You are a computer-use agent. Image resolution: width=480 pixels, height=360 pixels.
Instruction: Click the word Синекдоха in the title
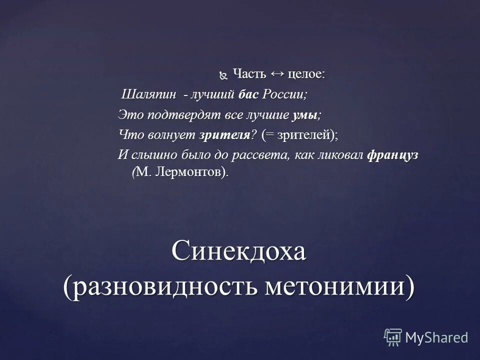click(x=238, y=252)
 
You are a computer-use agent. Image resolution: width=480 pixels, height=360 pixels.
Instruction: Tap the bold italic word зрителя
click(x=224, y=135)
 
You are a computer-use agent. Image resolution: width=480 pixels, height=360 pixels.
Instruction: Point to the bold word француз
click(x=392, y=155)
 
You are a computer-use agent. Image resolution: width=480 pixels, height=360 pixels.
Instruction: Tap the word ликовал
click(x=341, y=155)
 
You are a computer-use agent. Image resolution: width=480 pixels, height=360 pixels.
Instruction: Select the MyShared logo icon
click(x=393, y=337)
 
